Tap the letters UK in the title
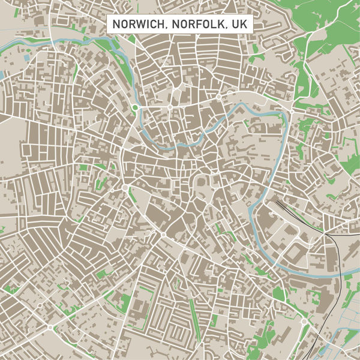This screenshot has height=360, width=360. (239, 24)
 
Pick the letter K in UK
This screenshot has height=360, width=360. (243, 24)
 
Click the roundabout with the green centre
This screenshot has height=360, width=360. (135, 108)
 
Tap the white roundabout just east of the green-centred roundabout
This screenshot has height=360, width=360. (170, 107)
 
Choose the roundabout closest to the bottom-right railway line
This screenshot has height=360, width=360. (304, 322)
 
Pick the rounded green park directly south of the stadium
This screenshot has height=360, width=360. (278, 295)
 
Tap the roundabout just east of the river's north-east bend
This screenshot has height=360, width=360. (292, 111)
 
